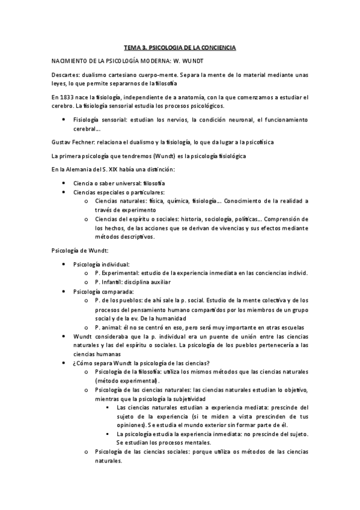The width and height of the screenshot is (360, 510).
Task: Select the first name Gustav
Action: [63, 141]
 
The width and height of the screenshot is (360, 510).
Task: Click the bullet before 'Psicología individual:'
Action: [64, 264]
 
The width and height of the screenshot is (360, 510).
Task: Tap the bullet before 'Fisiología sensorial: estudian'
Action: [64, 119]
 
